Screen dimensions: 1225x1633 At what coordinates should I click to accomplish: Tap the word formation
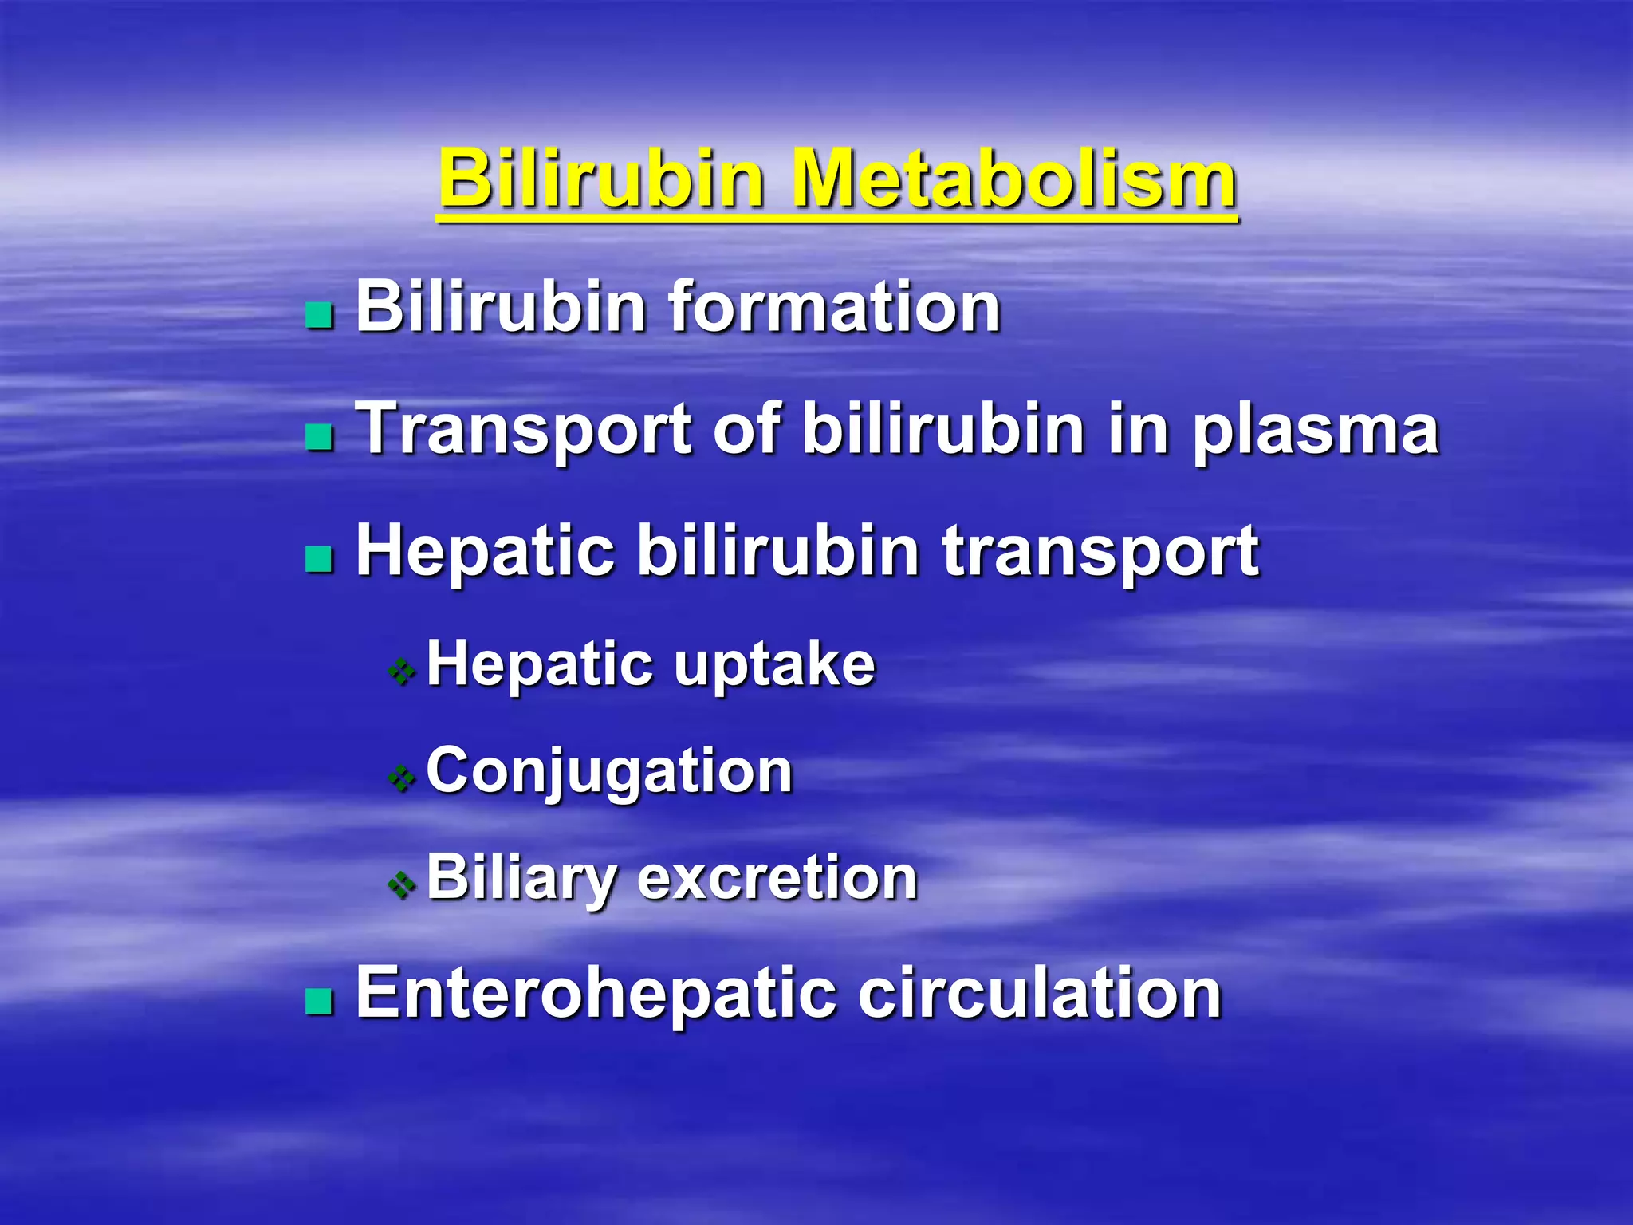point(834,307)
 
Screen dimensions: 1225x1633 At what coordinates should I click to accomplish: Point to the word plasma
point(1316,432)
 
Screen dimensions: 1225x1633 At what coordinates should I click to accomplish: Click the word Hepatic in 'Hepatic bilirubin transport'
point(486,552)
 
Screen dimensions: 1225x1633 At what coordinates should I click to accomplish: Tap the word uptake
point(774,666)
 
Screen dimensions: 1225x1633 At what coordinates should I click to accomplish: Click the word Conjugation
point(610,772)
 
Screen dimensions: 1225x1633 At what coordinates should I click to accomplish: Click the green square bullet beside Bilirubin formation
point(320,315)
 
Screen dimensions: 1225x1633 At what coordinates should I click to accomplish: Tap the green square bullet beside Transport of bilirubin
point(320,436)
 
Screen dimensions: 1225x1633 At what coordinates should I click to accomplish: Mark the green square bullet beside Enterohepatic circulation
point(320,1001)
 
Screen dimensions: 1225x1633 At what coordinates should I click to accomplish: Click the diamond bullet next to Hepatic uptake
point(402,672)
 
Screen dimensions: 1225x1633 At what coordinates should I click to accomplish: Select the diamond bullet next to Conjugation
point(402,778)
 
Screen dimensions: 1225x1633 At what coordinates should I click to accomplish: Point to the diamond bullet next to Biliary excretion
point(402,884)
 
